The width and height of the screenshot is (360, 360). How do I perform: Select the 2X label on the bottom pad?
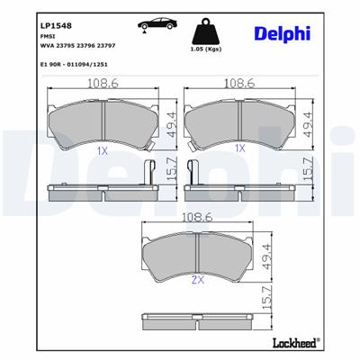tap(196, 282)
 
